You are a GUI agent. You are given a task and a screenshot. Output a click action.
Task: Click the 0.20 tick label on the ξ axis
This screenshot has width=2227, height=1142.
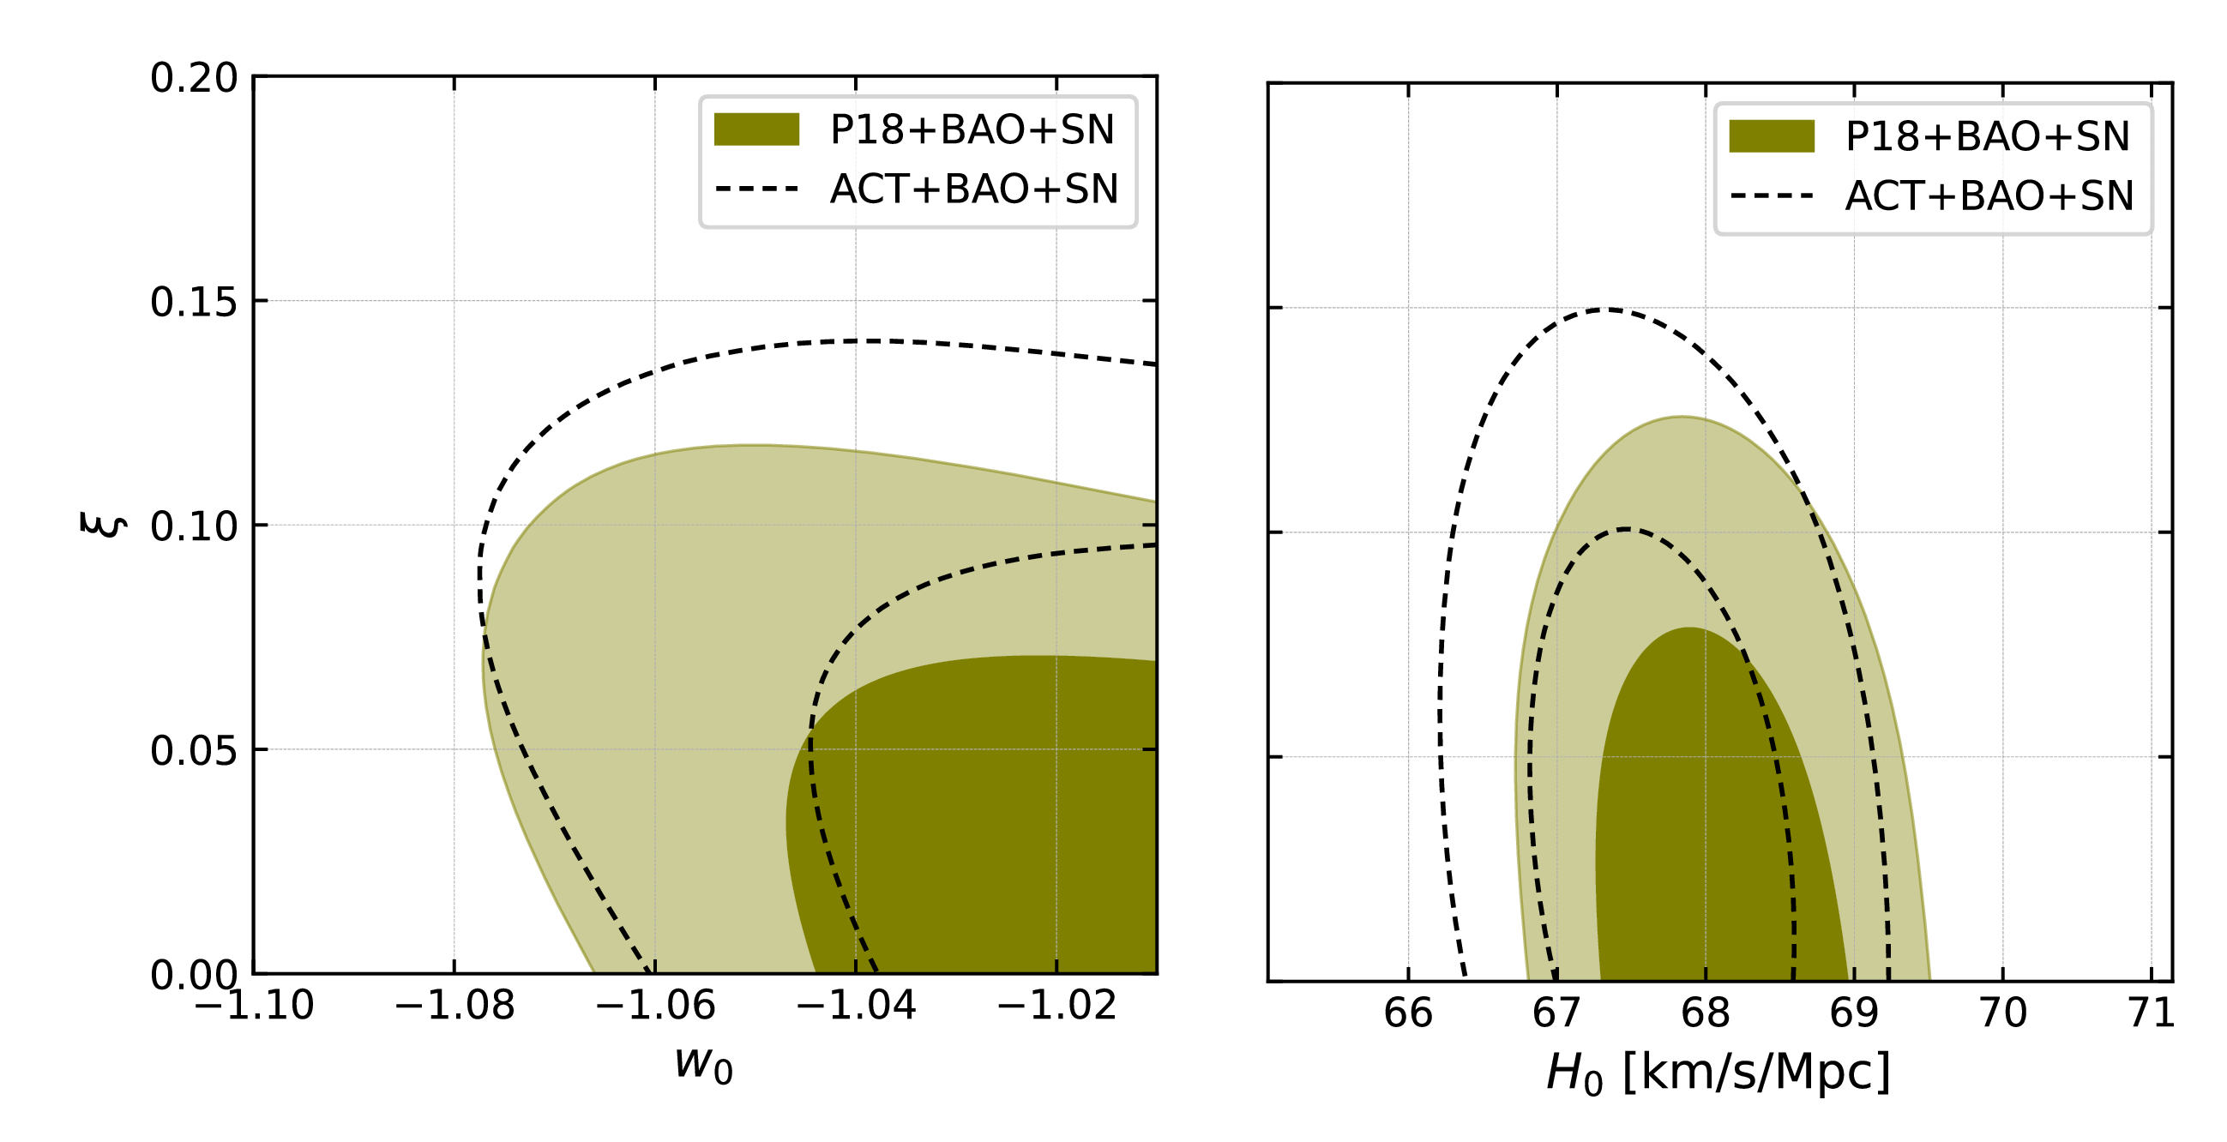click(194, 79)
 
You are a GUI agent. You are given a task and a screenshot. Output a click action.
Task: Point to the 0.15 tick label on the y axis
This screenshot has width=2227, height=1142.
click(194, 303)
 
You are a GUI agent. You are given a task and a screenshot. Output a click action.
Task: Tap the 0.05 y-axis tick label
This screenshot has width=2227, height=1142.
click(194, 751)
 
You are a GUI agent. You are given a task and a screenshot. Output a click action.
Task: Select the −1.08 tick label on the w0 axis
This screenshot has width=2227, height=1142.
click(454, 1006)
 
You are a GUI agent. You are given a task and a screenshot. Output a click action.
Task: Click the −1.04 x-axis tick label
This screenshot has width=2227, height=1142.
click(855, 1006)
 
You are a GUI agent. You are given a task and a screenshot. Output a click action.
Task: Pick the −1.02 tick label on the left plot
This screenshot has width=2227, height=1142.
click(1056, 1006)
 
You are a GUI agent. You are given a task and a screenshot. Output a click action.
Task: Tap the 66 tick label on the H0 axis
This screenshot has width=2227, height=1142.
click(1408, 1013)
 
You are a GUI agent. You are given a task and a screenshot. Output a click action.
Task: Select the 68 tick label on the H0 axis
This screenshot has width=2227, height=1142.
click(1705, 1013)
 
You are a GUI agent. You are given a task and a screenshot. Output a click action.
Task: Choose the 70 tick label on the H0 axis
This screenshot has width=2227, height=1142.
click(2002, 1013)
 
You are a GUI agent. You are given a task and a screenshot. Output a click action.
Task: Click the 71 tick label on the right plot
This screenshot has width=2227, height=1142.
click(2151, 1013)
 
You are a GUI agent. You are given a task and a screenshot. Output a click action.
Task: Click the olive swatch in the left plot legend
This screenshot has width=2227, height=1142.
click(756, 129)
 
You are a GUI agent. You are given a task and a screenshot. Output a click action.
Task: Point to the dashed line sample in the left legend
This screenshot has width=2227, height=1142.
click(756, 189)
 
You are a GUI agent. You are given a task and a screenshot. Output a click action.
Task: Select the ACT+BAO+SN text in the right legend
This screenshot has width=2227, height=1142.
click(1989, 196)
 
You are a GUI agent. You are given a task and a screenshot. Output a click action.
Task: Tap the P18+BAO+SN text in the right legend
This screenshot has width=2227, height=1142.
click(1988, 136)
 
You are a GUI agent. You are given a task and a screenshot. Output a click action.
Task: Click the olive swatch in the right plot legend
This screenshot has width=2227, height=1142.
click(1772, 136)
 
